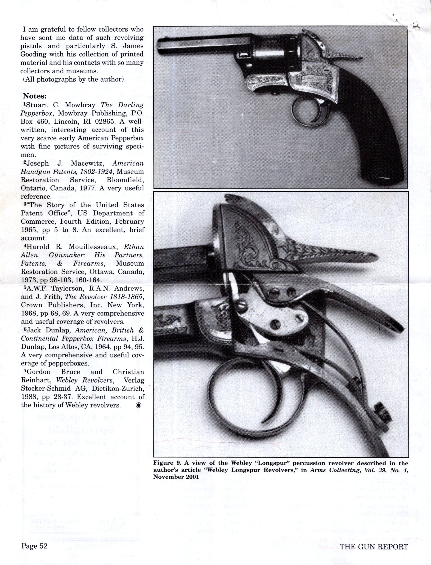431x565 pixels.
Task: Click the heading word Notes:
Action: pos(35,96)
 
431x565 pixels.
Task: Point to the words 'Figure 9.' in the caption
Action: pos(165,463)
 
